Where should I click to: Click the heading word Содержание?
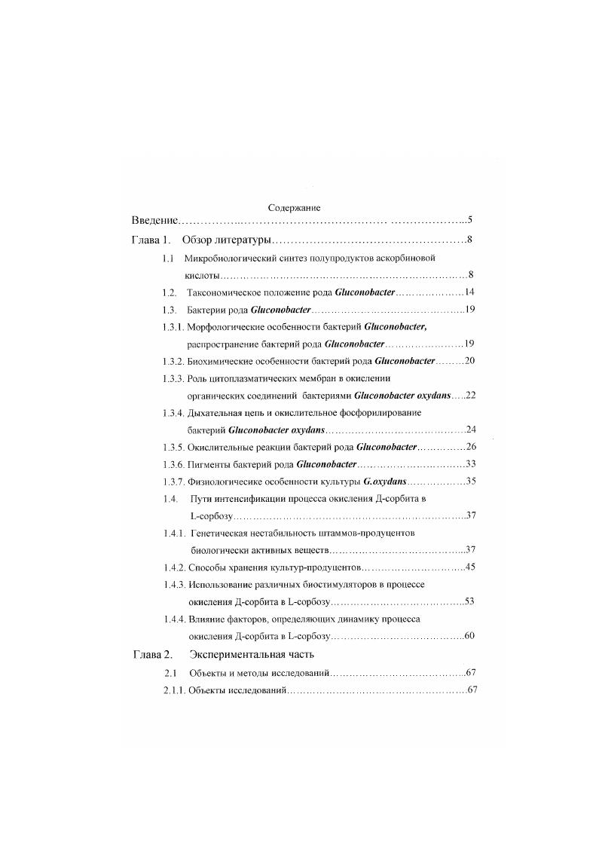click(295, 207)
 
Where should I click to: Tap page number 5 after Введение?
click(469, 221)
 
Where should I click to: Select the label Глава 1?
click(151, 240)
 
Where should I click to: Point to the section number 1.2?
click(170, 292)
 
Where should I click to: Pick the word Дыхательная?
click(215, 412)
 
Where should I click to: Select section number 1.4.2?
click(174, 567)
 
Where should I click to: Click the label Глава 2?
click(153, 653)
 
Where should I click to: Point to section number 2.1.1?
click(174, 690)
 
